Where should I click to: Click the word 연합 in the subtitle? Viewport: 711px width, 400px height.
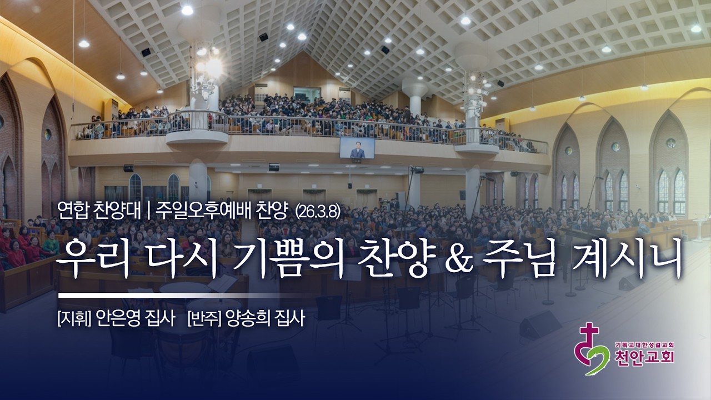[x=70, y=210]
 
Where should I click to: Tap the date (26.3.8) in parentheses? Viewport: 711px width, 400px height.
[x=317, y=211]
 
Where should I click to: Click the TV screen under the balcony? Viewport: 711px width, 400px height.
[x=357, y=147]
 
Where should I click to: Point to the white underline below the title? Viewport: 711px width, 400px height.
[x=167, y=295]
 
